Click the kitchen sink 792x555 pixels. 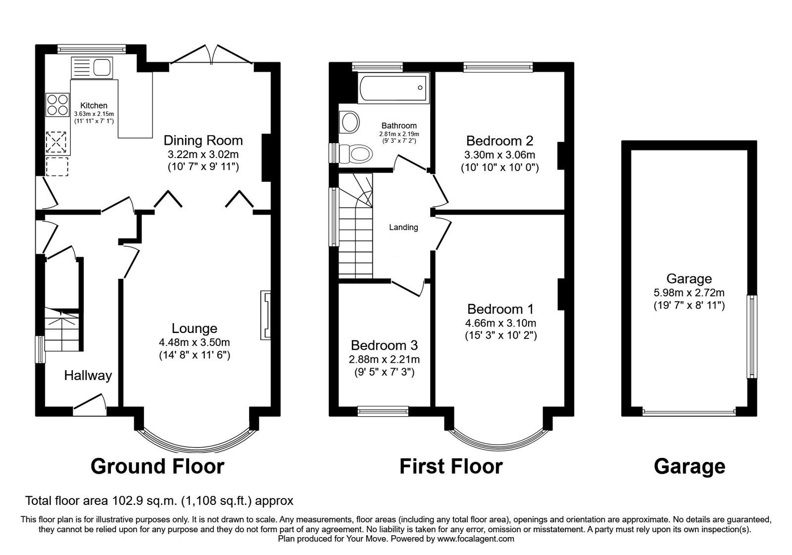click(x=93, y=67)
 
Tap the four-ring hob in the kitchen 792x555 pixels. click(x=57, y=105)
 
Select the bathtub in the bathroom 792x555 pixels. click(x=393, y=88)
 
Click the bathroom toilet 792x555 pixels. click(x=360, y=153)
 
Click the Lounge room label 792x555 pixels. click(x=195, y=328)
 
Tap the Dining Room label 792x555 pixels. click(x=203, y=140)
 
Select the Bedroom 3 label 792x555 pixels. click(x=384, y=345)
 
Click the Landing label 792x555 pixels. click(x=403, y=227)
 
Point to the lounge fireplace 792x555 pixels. click(x=266, y=316)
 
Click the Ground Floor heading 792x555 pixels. click(x=157, y=466)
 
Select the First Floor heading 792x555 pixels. click(x=450, y=466)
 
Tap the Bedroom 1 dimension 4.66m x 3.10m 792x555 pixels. click(x=500, y=323)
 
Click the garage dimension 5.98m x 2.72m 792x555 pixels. click(x=689, y=293)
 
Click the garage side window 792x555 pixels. click(x=752, y=336)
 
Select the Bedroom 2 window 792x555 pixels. click(x=498, y=66)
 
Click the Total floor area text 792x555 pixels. click(x=159, y=501)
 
